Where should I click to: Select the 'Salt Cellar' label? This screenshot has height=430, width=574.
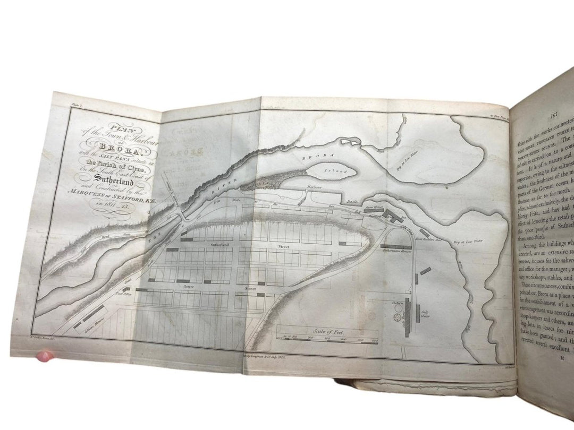tap(425, 310)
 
